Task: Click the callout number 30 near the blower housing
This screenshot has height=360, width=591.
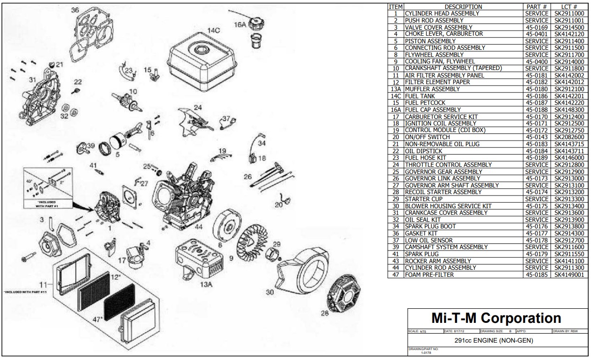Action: (269, 292)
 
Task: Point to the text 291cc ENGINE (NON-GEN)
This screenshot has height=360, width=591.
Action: (494, 340)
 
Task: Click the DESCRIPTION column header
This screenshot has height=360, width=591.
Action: (463, 7)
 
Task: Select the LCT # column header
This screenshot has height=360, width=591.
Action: (568, 7)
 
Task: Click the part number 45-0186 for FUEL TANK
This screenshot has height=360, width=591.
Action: (536, 96)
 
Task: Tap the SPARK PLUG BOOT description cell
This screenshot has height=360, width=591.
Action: (430, 227)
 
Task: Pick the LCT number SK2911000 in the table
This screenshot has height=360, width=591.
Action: (569, 14)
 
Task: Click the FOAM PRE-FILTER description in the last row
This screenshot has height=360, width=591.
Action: (429, 274)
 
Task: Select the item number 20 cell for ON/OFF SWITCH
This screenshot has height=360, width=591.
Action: (395, 137)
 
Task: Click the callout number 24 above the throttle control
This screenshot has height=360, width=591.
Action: (197, 107)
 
